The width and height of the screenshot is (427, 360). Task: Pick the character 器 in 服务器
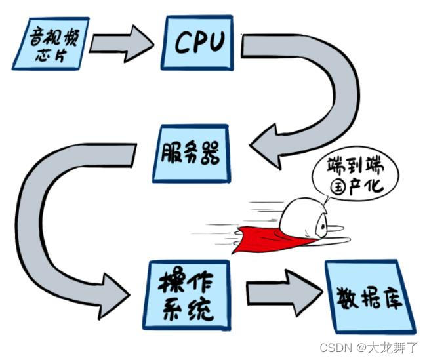pyautogui.click(x=212, y=153)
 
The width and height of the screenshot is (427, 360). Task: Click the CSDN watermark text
pyautogui.click(x=334, y=346)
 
